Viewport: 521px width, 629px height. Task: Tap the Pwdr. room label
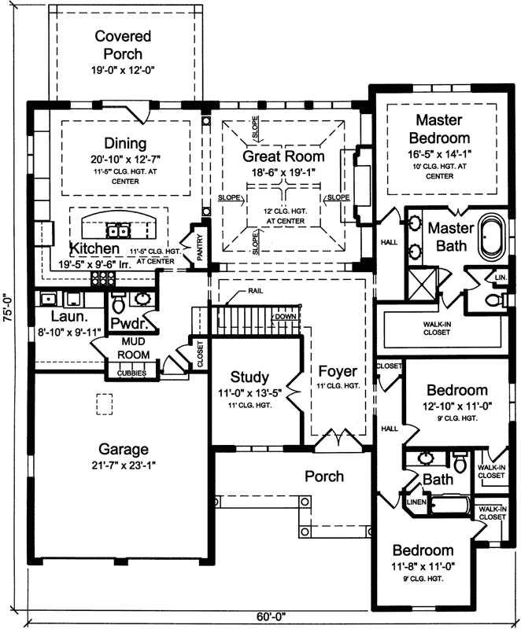126,324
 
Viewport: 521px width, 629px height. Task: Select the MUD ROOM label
134,348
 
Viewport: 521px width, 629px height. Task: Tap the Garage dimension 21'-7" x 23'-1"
124,466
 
